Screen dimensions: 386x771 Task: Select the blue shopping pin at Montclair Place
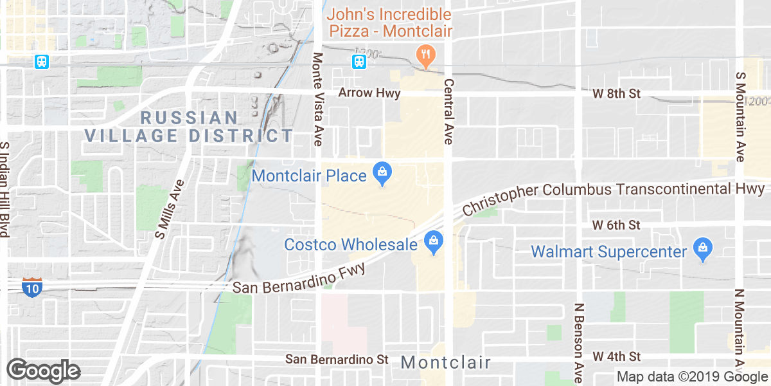(x=383, y=173)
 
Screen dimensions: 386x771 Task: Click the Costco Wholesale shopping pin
(x=434, y=243)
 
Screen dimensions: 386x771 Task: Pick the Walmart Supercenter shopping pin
(x=702, y=250)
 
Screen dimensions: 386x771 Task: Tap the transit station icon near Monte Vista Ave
(x=359, y=62)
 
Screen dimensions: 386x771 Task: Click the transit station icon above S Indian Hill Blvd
(x=42, y=62)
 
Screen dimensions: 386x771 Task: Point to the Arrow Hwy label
(x=369, y=93)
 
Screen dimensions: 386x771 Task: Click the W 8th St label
(x=617, y=94)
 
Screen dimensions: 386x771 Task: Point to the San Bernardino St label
(x=337, y=358)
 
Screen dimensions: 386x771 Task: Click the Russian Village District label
(x=189, y=127)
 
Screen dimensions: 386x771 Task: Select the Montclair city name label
(x=445, y=363)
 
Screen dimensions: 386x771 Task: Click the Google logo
(x=44, y=371)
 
